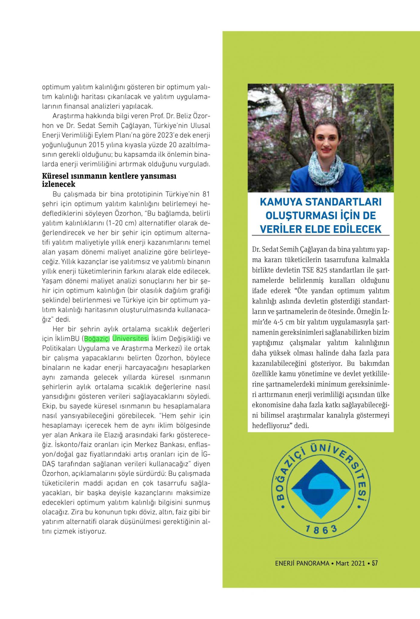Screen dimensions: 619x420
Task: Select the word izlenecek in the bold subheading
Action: (59, 184)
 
